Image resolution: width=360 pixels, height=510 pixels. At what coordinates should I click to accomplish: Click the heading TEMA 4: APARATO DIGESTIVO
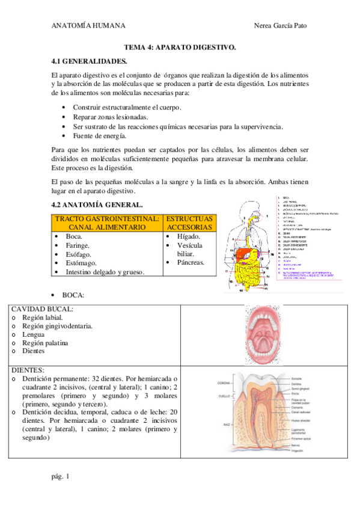point(180,46)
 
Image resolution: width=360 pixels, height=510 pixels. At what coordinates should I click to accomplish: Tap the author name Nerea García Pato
point(281,26)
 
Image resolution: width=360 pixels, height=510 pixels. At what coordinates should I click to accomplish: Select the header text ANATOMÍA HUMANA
point(88,26)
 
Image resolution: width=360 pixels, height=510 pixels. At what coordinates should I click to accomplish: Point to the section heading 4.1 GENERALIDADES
point(89,61)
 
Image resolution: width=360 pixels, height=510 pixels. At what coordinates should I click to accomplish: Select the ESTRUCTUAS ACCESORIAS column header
point(189,223)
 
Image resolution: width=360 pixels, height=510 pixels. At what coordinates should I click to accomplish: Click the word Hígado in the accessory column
point(189,236)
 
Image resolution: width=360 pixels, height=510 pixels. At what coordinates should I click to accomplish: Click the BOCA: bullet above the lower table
point(72,295)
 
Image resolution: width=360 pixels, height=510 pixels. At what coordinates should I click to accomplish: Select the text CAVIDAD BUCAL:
point(42,309)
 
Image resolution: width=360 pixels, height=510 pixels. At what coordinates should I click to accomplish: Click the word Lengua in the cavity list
point(33,334)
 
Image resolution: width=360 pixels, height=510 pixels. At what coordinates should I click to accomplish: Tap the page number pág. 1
point(61,476)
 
